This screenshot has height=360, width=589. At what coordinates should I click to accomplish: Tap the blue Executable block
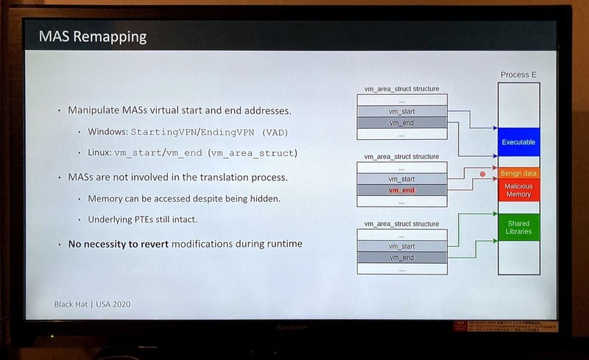(518, 141)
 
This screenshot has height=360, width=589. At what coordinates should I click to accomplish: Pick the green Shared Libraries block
(518, 227)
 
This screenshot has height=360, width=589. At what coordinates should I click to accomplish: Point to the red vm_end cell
(402, 190)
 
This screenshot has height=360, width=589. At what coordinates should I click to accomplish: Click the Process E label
(518, 74)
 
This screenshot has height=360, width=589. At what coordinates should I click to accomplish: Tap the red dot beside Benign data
(483, 174)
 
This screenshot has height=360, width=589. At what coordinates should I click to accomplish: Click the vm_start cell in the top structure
(402, 110)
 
